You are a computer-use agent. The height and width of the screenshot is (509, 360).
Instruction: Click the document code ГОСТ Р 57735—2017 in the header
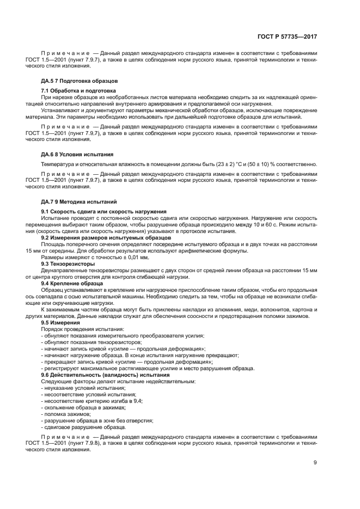point(288,36)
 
